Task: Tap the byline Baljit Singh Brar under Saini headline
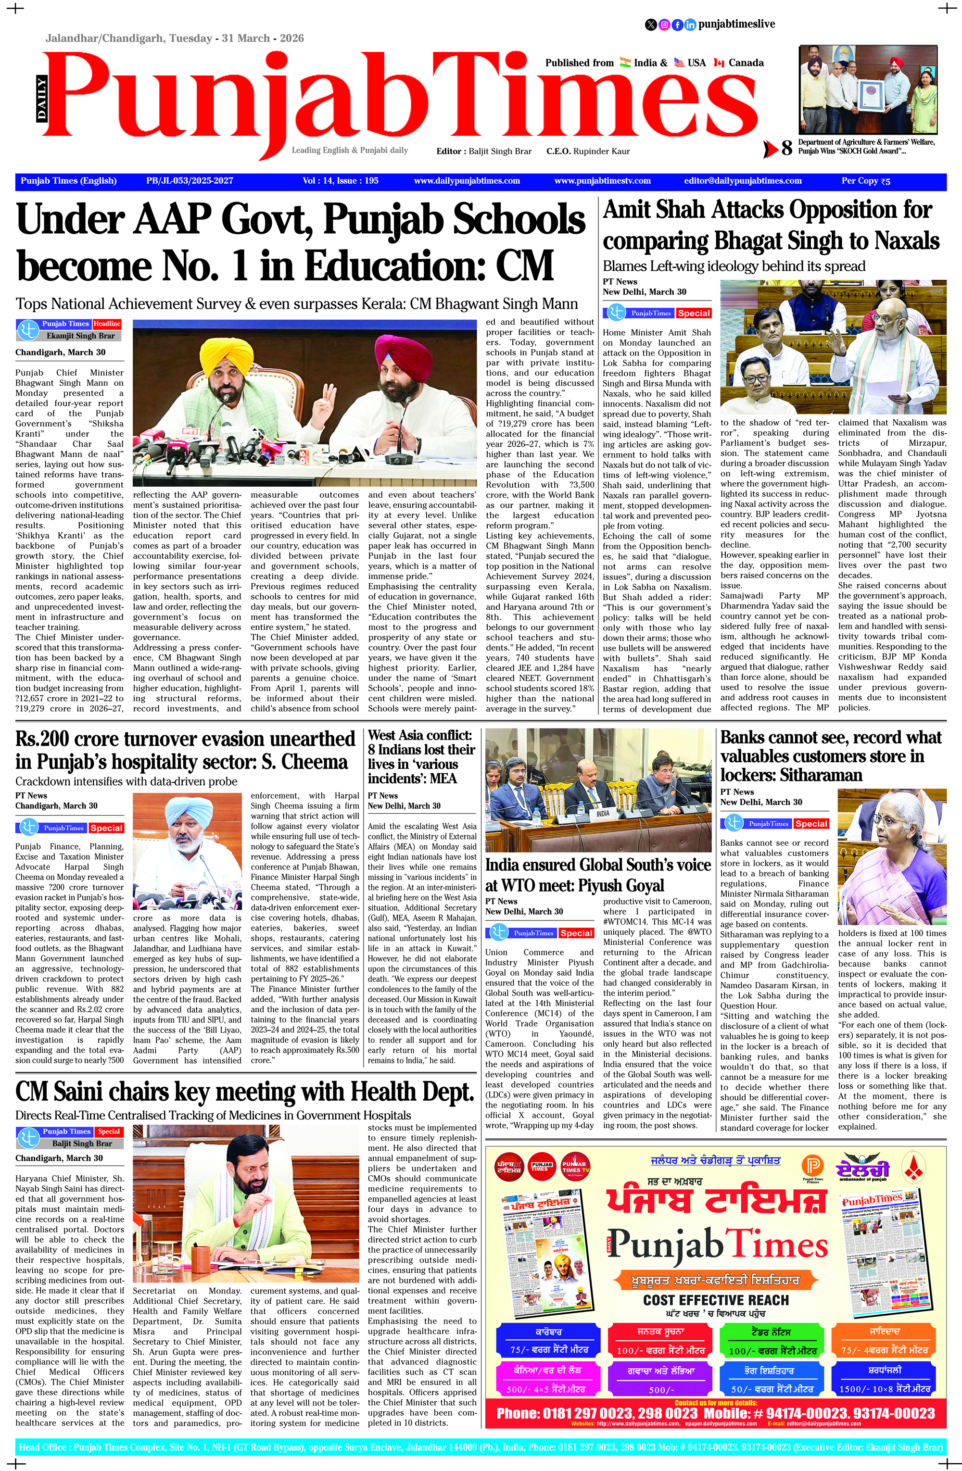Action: [82, 1144]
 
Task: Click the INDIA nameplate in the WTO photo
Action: [602, 813]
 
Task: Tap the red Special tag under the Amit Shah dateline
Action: [693, 314]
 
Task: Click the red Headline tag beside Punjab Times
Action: [107, 324]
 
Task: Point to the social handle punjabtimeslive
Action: [736, 24]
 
